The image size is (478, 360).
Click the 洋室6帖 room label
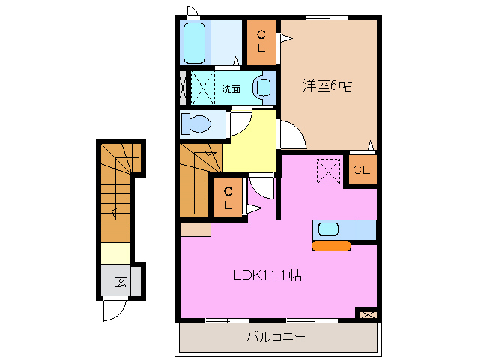click(x=327, y=86)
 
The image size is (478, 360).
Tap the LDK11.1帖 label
click(x=266, y=275)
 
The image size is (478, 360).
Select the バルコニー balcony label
click(x=276, y=337)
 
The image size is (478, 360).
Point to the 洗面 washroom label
click(x=231, y=88)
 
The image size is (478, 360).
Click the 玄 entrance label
click(x=120, y=282)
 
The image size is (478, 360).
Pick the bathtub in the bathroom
click(x=195, y=43)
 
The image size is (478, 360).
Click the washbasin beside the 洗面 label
click(x=262, y=87)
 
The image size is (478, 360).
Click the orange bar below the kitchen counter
click(x=331, y=244)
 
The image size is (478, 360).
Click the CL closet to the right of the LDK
click(x=361, y=170)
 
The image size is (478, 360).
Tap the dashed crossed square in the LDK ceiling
click(x=328, y=170)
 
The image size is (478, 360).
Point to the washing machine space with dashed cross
click(x=202, y=87)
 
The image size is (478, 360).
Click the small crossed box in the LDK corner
click(x=366, y=314)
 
